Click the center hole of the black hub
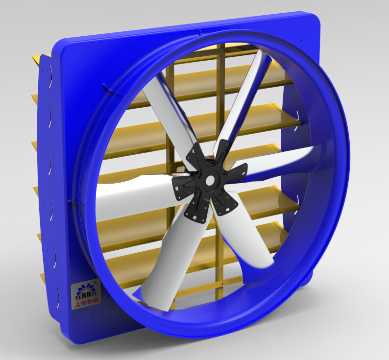(210, 181)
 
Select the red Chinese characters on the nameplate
(86, 304)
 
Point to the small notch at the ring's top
(200, 32)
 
